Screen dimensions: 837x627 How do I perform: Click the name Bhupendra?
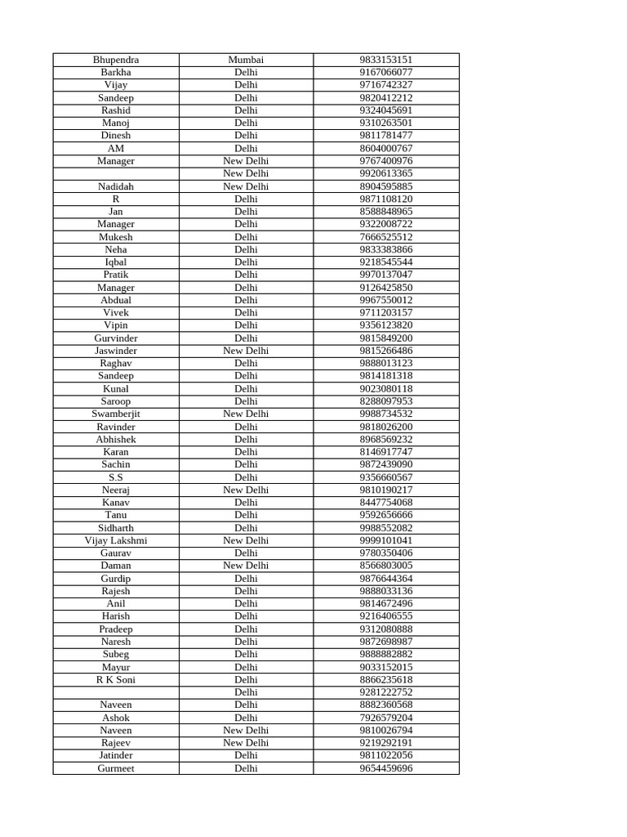pos(116,60)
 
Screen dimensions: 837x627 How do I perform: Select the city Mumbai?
pos(246,60)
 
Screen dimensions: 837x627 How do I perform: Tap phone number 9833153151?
pos(386,60)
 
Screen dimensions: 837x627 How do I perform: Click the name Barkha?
pos(116,72)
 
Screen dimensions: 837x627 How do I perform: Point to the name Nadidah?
pos(116,186)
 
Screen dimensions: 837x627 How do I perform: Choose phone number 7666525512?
pos(386,237)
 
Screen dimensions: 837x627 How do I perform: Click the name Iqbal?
pos(116,262)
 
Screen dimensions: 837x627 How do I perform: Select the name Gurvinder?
pos(116,338)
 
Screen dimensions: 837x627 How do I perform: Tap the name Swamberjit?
pos(116,414)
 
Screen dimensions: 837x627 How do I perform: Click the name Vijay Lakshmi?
pos(116,540)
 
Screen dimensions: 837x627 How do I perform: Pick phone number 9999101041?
pos(386,540)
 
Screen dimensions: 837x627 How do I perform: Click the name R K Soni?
pos(116,679)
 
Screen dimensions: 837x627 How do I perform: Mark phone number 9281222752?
pos(386,692)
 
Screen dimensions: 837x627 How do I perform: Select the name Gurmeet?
pos(116,768)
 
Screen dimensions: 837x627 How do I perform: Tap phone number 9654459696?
pos(386,768)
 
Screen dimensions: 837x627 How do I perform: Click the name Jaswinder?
pos(116,351)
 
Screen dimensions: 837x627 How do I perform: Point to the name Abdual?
pos(116,300)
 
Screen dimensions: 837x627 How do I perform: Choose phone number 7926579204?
pos(386,718)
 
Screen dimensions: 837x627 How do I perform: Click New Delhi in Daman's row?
pos(246,566)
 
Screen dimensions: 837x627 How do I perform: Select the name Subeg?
pos(116,654)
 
